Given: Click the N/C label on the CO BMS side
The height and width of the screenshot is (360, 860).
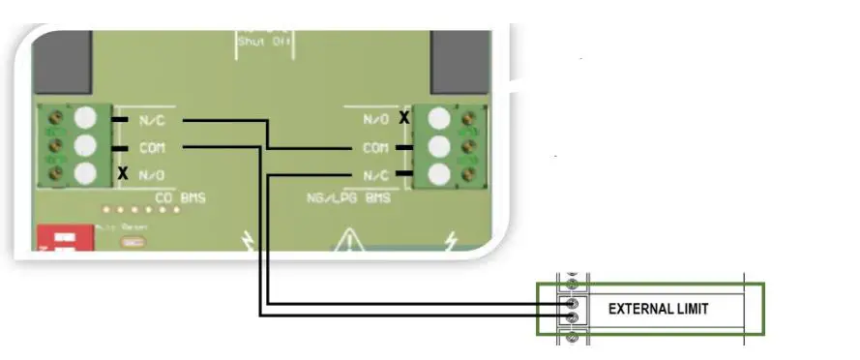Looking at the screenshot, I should pos(151,120).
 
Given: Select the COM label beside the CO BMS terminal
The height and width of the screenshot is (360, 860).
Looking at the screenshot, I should pos(151,148).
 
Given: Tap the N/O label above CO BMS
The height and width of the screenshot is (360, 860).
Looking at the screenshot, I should pos(151,175).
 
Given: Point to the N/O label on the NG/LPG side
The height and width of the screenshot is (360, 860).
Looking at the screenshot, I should pos(376,119).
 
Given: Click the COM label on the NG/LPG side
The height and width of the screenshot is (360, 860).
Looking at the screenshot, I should pos(376,148).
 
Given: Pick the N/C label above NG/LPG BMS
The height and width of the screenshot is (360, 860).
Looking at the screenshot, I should pos(376,175).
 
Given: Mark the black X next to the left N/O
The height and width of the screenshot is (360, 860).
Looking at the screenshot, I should pos(123,174).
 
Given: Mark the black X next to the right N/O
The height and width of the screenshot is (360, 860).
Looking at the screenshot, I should pos(404,118).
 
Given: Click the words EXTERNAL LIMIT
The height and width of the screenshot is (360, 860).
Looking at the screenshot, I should pos(658,309).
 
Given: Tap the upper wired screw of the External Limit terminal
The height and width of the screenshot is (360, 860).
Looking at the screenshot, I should pos(572,302).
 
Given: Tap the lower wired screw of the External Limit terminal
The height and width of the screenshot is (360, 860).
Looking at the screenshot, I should pos(572,316).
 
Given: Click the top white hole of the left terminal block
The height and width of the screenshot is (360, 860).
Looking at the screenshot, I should pos(87,118).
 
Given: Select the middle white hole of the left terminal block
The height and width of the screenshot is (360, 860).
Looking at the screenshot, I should pos(87,146).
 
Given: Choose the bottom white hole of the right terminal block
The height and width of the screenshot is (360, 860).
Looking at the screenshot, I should pos(440,175).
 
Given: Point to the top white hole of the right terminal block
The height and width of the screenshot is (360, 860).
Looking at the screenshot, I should pos(440,118).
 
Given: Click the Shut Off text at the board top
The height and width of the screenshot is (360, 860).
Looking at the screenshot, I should pos(263,41).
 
